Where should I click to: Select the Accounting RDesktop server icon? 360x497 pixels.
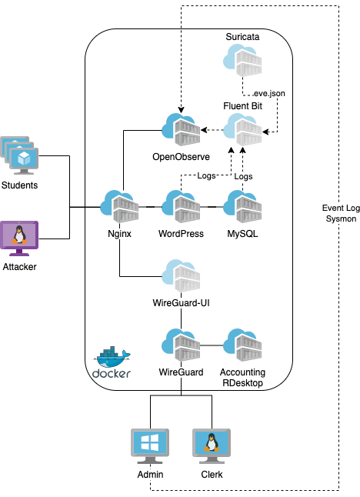tap(242, 344)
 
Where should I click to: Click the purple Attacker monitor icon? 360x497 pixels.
tap(19, 238)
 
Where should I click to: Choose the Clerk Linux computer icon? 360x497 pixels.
tap(212, 447)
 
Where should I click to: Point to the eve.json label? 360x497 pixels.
tap(269, 92)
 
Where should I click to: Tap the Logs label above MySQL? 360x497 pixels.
tap(243, 176)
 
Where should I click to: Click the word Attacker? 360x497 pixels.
tap(19, 267)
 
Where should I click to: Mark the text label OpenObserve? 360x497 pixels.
tap(182, 157)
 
